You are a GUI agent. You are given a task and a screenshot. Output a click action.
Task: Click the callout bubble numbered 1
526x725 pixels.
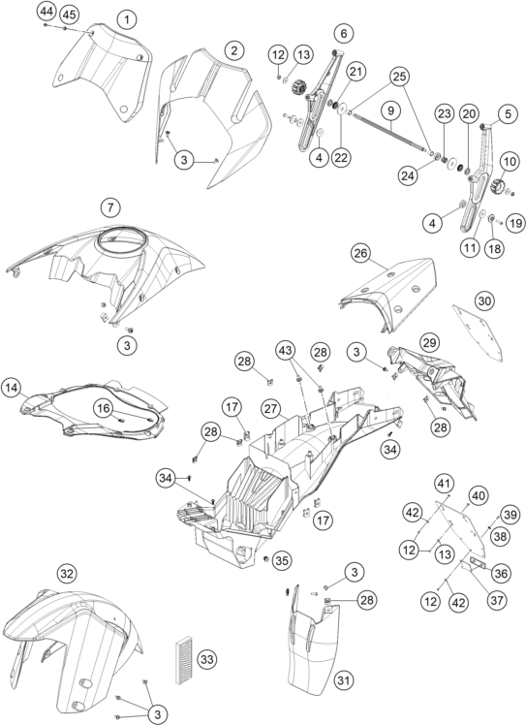pyautogui.click(x=127, y=19)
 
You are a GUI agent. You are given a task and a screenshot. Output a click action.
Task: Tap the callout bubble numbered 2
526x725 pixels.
pyautogui.click(x=234, y=50)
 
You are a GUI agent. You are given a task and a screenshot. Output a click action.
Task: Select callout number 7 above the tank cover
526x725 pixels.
pyautogui.click(x=110, y=207)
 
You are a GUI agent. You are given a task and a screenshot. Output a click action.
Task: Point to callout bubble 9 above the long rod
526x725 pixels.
pyautogui.click(x=391, y=110)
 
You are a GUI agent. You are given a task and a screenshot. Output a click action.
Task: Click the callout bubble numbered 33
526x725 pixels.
pyautogui.click(x=207, y=659)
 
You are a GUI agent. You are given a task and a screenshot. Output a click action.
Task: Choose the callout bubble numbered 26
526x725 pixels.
pyautogui.click(x=361, y=253)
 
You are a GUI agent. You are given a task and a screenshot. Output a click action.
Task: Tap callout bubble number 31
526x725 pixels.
pyautogui.click(x=344, y=680)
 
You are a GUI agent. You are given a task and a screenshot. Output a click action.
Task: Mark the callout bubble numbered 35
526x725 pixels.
pyautogui.click(x=282, y=561)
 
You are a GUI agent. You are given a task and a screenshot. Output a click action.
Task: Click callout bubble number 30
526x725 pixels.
pyautogui.click(x=484, y=301)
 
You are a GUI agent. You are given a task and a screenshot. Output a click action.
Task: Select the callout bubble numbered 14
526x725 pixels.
pyautogui.click(x=11, y=388)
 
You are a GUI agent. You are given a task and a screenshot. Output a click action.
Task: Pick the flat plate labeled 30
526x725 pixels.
pyautogui.click(x=478, y=332)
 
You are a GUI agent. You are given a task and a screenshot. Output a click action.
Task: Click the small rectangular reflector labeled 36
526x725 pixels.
pyautogui.click(x=477, y=564)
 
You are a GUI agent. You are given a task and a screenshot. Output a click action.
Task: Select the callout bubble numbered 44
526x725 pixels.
pyautogui.click(x=46, y=10)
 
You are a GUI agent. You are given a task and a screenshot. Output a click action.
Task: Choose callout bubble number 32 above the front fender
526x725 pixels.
pyautogui.click(x=67, y=574)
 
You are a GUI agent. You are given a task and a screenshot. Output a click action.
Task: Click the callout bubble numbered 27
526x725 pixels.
pyautogui.click(x=271, y=409)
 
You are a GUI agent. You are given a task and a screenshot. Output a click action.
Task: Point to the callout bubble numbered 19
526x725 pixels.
pyautogui.click(x=515, y=223)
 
